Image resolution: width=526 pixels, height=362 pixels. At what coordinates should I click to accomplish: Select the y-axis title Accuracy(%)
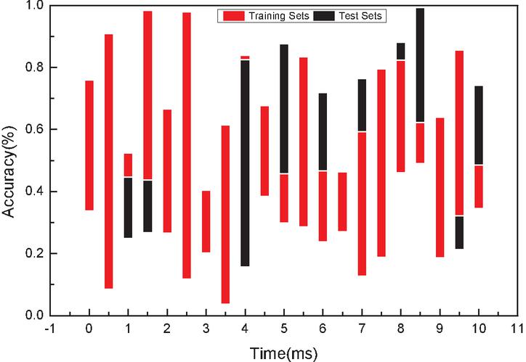(17, 160)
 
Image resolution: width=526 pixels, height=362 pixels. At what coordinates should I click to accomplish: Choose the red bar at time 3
(206, 221)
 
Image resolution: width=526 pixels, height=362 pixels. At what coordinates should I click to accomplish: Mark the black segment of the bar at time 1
(128, 207)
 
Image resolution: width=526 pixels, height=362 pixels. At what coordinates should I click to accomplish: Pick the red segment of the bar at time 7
(362, 203)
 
